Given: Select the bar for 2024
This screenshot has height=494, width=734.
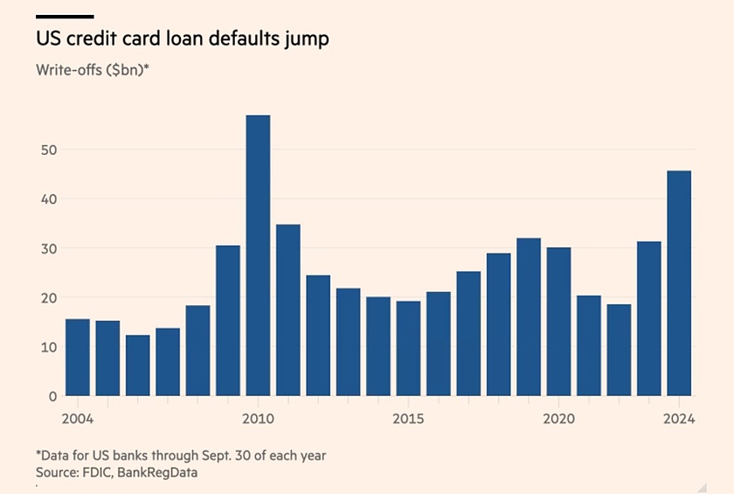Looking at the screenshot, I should click(x=679, y=283).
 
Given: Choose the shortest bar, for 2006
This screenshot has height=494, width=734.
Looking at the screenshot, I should click(x=137, y=365).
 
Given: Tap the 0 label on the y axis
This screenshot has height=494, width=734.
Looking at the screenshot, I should click(x=52, y=396).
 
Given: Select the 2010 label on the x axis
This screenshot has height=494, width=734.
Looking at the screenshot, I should click(x=258, y=419).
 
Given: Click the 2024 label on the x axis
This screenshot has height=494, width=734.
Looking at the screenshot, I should click(x=678, y=419).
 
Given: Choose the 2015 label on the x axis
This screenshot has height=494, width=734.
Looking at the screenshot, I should click(x=408, y=419).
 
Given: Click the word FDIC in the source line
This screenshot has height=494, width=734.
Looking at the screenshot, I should click(x=98, y=472).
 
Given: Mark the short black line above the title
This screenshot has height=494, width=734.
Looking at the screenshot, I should click(x=64, y=17).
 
